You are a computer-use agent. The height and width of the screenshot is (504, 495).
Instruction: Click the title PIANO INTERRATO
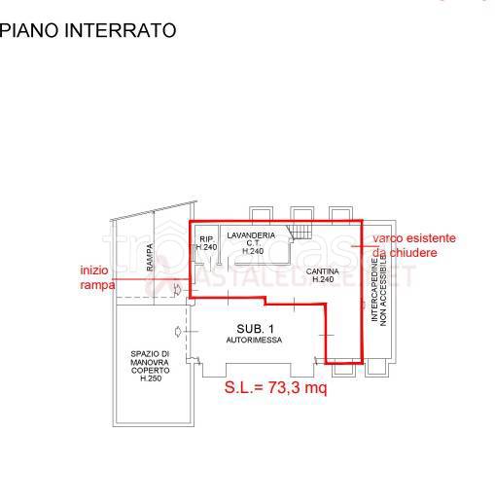point(88,31)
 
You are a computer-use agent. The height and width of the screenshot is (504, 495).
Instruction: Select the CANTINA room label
point(323,270)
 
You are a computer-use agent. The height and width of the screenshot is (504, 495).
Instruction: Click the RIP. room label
point(206,238)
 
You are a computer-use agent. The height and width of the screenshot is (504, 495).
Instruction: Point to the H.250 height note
point(150,378)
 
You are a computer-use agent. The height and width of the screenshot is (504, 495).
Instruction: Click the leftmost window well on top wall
point(262,213)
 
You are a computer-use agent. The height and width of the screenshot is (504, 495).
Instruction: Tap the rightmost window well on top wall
point(339,213)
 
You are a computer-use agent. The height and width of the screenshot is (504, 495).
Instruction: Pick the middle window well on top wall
point(301,213)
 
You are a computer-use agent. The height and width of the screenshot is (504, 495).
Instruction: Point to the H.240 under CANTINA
point(323,280)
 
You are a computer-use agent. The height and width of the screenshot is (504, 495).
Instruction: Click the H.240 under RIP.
point(206,248)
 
